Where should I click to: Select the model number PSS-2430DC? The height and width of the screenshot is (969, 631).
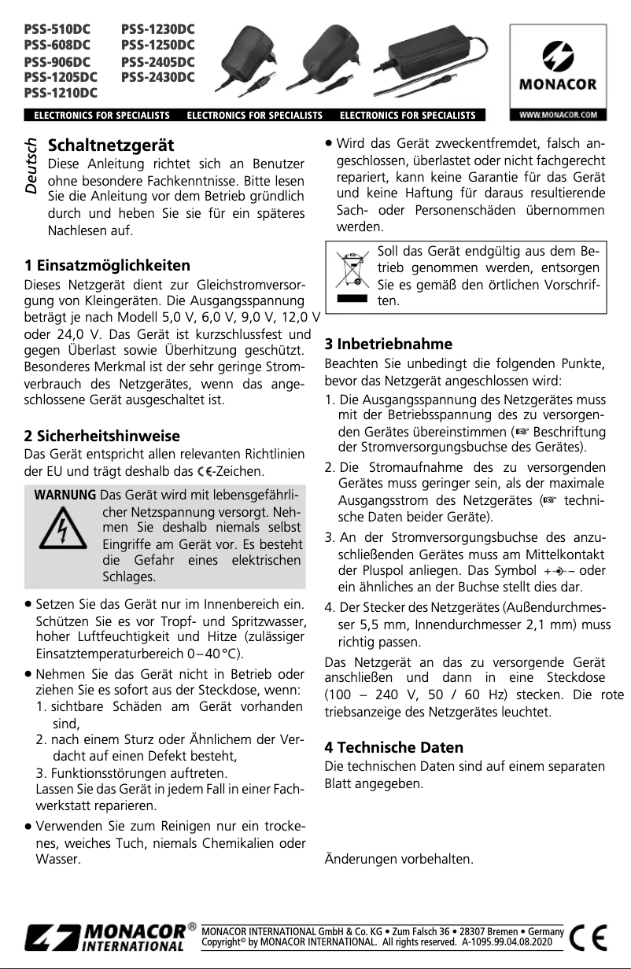(x=158, y=77)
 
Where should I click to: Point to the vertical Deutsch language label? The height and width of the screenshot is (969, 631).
(x=31, y=167)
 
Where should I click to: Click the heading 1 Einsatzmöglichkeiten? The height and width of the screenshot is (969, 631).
(x=107, y=266)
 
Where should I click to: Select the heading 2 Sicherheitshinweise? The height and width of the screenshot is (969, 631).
(x=103, y=436)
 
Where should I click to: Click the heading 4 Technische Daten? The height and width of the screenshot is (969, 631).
(x=405, y=746)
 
